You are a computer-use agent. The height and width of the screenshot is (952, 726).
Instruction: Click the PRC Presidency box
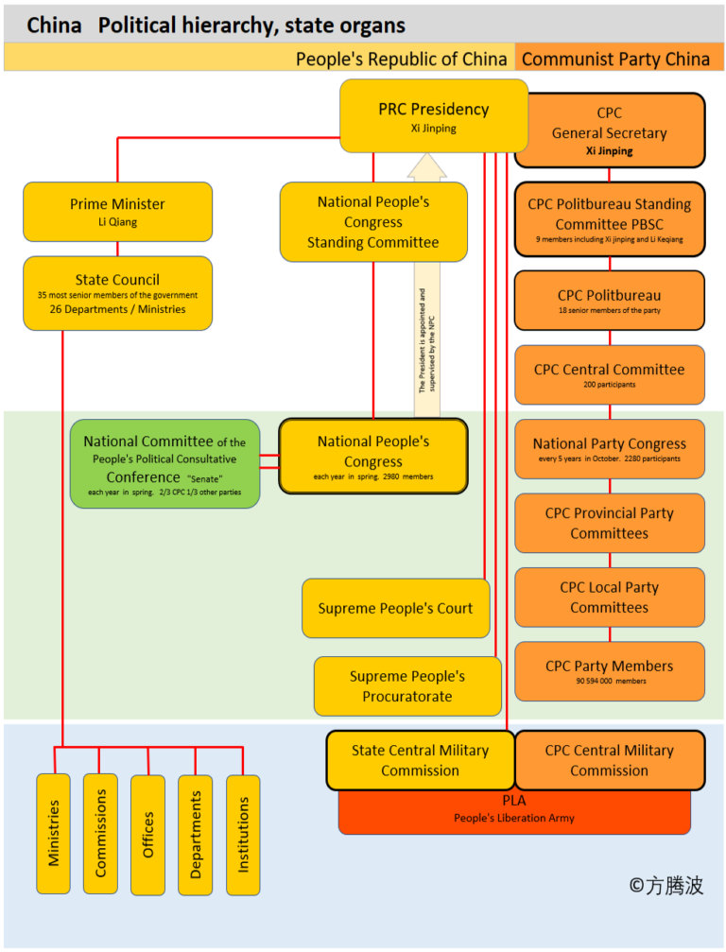point(433,115)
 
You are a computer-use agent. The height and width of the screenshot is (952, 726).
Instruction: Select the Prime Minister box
point(117,212)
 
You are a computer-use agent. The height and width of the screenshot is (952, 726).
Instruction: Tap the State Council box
point(117,293)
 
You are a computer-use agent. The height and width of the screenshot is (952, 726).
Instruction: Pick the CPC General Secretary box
point(610,130)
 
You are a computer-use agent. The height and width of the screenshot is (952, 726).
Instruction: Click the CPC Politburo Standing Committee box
point(610,219)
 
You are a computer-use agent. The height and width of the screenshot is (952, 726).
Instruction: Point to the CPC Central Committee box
point(610,374)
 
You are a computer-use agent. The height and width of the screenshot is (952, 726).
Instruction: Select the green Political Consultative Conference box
point(164,463)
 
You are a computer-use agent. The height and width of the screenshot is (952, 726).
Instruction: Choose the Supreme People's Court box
point(395,608)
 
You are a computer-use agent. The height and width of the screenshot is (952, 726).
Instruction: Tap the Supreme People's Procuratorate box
point(407,686)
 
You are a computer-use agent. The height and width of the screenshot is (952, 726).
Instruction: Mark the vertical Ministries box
point(53,833)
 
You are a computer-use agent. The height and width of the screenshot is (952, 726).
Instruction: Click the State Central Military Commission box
point(420,760)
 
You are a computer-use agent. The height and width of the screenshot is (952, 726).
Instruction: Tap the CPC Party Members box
point(610,671)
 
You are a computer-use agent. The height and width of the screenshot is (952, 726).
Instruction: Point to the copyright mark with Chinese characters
point(665,885)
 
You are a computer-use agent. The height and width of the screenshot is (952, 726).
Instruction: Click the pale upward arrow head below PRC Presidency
point(426,167)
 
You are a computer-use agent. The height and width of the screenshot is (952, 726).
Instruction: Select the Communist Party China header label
point(616,59)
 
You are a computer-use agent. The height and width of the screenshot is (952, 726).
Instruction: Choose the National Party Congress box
point(610,448)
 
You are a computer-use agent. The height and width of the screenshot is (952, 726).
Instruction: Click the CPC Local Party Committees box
point(610,597)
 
